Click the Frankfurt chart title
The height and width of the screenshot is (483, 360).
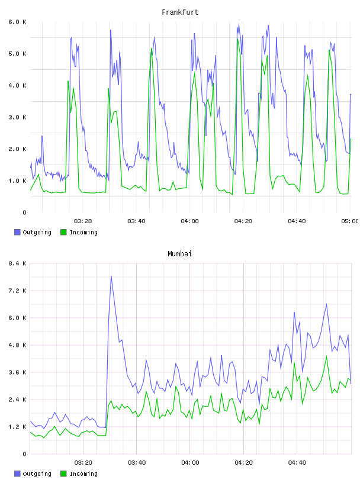click(180, 12)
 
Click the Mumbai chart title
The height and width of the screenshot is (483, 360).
click(179, 254)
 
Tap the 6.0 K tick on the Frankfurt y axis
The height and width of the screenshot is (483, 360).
click(18, 22)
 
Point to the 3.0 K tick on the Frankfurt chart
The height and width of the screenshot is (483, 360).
click(18, 117)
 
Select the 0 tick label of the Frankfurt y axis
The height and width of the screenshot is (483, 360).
click(24, 212)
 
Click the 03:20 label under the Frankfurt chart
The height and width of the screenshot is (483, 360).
click(83, 221)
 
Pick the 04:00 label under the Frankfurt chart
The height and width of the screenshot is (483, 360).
click(190, 221)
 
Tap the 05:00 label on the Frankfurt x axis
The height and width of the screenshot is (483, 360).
click(349, 221)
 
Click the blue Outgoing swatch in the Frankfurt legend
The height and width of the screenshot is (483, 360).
click(17, 232)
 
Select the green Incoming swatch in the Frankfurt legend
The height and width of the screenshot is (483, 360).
click(63, 232)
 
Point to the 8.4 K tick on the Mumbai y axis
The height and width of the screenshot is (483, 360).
click(18, 263)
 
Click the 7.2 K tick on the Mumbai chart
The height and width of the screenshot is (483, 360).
click(18, 291)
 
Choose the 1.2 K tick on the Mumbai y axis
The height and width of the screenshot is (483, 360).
click(18, 427)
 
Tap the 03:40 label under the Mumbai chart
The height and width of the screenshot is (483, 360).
click(137, 463)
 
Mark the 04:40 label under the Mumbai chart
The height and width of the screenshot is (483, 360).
click(297, 463)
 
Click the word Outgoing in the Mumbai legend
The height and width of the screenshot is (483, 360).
click(37, 474)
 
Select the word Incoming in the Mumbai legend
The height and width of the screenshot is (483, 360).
click(83, 474)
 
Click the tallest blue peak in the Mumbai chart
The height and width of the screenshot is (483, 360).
click(111, 276)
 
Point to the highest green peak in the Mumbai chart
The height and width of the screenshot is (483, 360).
click(326, 356)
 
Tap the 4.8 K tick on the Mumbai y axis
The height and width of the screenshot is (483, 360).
click(18, 345)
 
